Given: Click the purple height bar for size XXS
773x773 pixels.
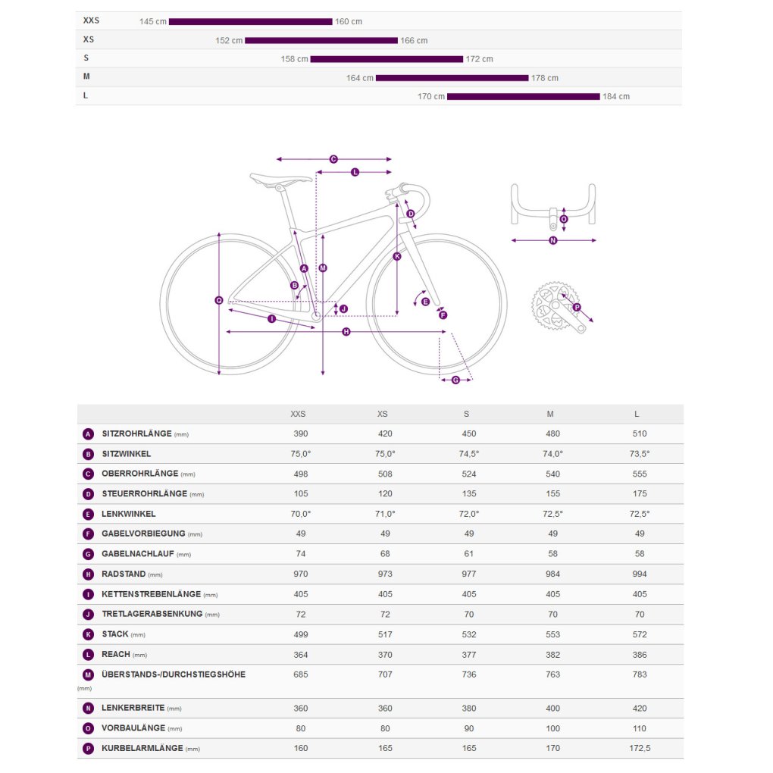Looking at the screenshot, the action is (x=250, y=22).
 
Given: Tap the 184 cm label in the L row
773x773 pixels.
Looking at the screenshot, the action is (x=615, y=97).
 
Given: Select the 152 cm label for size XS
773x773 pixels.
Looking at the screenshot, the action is (x=229, y=40).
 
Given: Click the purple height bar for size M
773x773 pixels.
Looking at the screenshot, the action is (x=452, y=78).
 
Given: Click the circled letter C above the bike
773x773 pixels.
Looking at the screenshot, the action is (x=333, y=159).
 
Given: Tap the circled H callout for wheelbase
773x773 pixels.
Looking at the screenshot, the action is (x=346, y=332).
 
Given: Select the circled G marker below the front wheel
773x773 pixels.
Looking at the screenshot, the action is (x=455, y=380).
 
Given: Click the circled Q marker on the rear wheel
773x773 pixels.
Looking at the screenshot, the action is (x=219, y=300).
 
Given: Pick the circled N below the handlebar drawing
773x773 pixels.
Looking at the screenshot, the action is (x=552, y=240).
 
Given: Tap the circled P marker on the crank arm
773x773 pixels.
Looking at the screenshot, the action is (x=577, y=307).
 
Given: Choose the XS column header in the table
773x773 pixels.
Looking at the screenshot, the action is (x=383, y=414).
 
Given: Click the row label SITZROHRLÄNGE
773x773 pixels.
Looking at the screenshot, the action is (x=136, y=433).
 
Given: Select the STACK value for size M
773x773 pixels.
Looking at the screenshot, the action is (x=552, y=634).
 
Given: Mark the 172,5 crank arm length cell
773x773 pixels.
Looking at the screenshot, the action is (x=640, y=748).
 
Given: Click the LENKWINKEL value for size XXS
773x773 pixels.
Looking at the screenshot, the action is (x=301, y=514).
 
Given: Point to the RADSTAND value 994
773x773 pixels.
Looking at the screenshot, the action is (x=640, y=574).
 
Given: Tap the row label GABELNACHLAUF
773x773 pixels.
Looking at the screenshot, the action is (x=137, y=554).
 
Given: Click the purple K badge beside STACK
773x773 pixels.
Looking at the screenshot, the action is (x=88, y=634).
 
